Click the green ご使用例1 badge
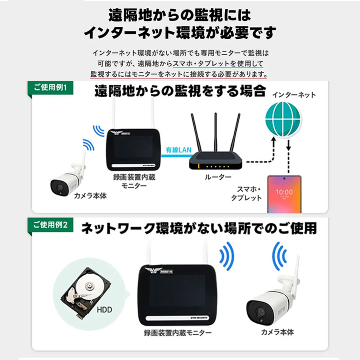(50, 88)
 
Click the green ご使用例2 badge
(50, 225)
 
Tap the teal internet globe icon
(283, 119)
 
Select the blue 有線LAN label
(179, 150)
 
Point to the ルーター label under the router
(218, 177)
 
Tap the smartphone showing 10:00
(284, 194)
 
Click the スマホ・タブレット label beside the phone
(246, 193)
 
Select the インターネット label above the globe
(294, 95)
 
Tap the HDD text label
(104, 310)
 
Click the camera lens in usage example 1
(60, 187)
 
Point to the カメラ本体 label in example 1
(90, 196)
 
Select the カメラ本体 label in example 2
(277, 332)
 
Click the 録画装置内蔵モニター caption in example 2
(178, 333)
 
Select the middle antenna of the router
(216, 132)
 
